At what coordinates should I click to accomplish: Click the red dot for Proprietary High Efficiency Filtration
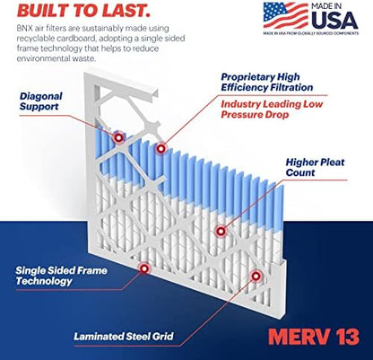(161, 147)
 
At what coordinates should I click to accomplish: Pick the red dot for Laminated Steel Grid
(255, 277)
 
